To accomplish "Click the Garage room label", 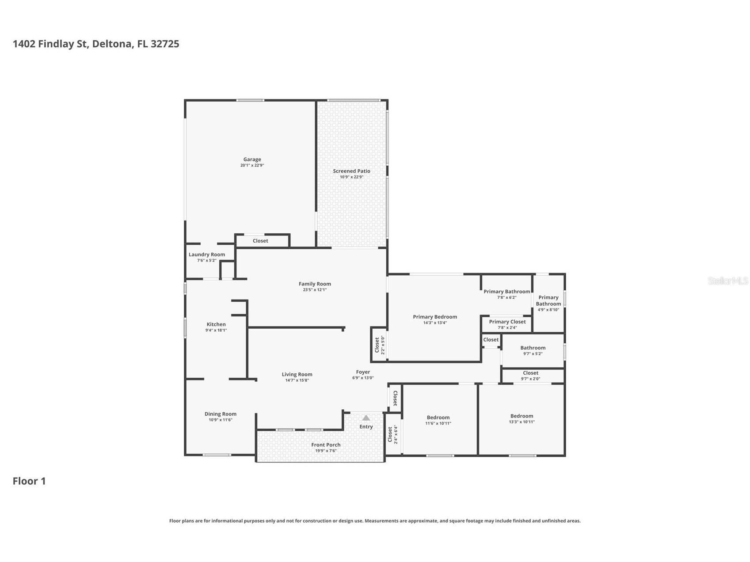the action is (252, 159).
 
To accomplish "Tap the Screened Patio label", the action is (351, 171).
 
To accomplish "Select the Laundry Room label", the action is (207, 254).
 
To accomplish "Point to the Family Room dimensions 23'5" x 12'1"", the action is (315, 290).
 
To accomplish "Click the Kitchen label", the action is (216, 324).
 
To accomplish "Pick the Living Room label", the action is (297, 375).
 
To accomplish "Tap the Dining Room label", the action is (220, 414).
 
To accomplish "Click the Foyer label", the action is (363, 372).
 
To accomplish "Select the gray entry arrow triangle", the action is (366, 418).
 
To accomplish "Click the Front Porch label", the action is (326, 445).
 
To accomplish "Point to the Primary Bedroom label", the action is (435, 317).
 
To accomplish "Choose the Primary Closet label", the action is (507, 322).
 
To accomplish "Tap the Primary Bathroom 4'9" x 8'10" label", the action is (548, 304).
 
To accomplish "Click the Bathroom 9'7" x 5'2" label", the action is (533, 350).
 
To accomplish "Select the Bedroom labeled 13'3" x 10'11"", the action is (522, 418).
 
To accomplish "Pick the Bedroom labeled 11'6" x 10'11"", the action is (438, 420).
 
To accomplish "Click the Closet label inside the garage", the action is (260, 241).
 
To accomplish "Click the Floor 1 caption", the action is (29, 481).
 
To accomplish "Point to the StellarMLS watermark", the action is (728, 281).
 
